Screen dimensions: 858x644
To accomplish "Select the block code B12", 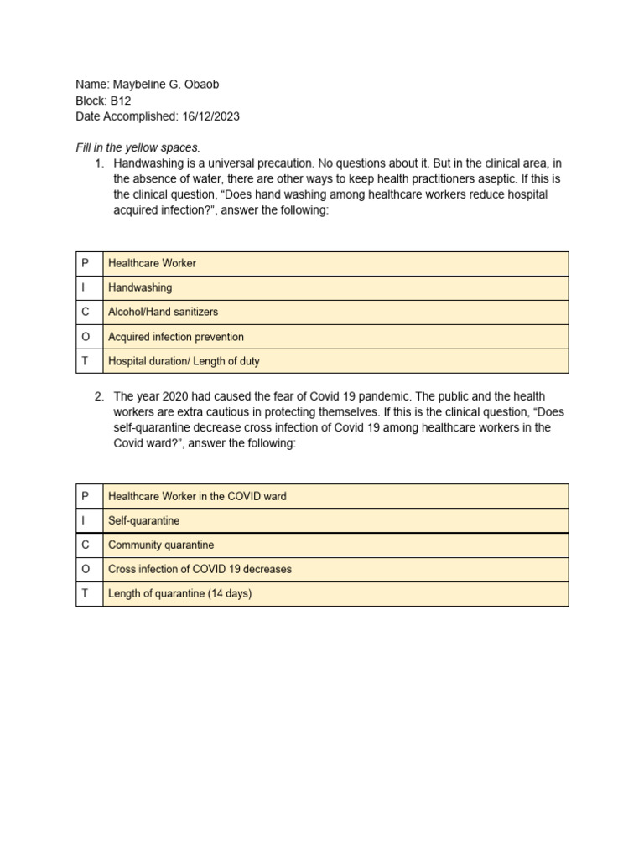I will [121, 101].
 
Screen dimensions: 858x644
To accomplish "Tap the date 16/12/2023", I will [210, 116].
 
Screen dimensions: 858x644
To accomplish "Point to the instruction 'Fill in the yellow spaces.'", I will [138, 147].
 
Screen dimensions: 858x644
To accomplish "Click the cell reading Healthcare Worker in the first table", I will [152, 263].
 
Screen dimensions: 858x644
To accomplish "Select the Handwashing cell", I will [140, 287].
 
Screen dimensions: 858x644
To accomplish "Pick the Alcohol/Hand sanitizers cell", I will [163, 312].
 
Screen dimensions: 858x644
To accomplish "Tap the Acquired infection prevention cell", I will [176, 337].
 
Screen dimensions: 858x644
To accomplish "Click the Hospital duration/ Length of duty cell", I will [184, 361].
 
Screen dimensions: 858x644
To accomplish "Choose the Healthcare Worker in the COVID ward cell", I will [197, 496].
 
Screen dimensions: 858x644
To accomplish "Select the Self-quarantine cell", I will [143, 520].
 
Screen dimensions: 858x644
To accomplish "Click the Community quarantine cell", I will [161, 545].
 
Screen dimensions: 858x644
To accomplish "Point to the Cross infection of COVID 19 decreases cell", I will [200, 569].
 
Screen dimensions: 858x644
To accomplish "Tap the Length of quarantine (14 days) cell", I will [179, 593].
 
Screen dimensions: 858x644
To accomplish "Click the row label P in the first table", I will [86, 263].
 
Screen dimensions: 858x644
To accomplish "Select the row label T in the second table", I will [86, 593].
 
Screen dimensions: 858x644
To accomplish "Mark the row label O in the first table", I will [86, 337].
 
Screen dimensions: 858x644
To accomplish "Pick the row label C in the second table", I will [86, 545].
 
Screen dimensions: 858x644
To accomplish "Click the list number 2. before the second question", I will [101, 395].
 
